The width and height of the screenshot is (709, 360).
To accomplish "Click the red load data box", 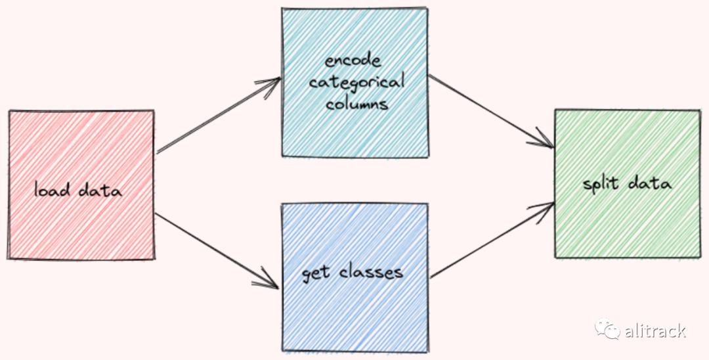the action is coord(81,151).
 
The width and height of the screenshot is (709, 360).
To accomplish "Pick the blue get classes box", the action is coord(355,309).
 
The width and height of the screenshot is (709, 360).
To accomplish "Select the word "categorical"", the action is coord(356,83).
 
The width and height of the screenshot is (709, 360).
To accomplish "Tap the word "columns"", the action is coord(355,104).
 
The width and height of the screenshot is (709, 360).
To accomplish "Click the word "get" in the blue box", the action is coord(315,273).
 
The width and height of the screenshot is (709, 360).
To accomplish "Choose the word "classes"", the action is coord(371,271).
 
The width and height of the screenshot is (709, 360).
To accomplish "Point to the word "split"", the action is coord(601,183).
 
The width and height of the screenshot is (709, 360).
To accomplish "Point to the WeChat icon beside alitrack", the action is coord(607,328).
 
